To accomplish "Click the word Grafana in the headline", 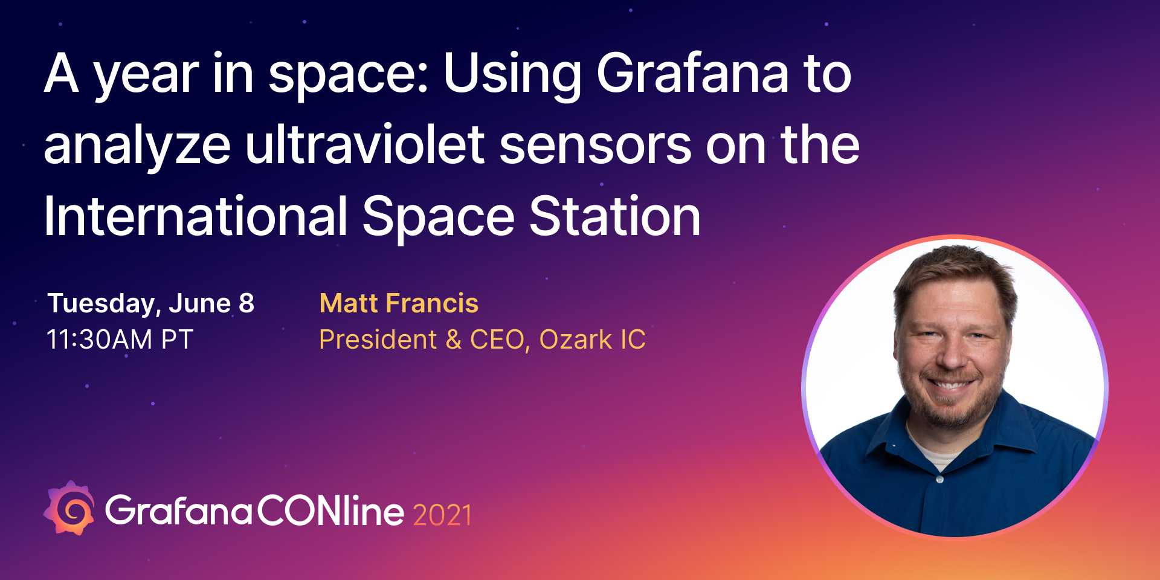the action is (x=692, y=73).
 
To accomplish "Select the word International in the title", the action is (x=196, y=216).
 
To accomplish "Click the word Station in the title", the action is (x=615, y=216).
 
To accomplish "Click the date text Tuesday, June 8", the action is (x=151, y=303).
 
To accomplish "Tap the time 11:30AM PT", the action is (x=120, y=340).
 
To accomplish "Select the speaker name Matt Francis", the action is (x=399, y=303).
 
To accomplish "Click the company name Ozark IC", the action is (x=592, y=340).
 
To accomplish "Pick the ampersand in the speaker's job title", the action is (x=454, y=340).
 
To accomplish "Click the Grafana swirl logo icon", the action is (x=69, y=508).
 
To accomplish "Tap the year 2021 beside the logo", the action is (x=442, y=515).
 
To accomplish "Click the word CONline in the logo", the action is (x=330, y=511).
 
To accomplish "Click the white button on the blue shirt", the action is (x=939, y=479).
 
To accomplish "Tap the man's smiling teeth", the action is (x=950, y=384).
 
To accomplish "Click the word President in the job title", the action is (x=378, y=340).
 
